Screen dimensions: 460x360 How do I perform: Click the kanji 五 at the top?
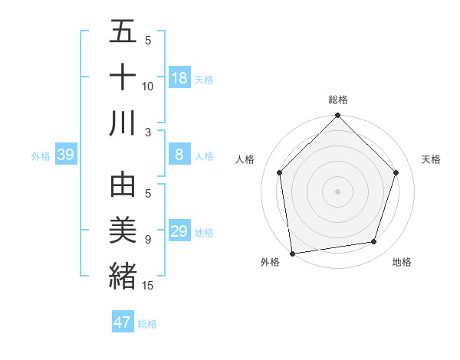[123, 33]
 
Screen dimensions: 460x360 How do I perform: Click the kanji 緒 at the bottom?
[123, 274]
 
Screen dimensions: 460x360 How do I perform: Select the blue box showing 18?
[179, 78]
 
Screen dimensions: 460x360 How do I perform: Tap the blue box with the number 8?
[179, 155]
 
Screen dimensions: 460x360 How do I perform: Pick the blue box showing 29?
[179, 231]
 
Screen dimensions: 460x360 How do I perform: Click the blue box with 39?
[66, 155]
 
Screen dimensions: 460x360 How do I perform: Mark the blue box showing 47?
[123, 322]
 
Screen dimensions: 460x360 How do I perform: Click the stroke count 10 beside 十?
[147, 87]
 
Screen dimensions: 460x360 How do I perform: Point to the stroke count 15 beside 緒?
[148, 285]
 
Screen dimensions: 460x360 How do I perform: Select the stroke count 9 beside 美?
[147, 240]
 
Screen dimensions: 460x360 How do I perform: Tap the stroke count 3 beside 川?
[147, 133]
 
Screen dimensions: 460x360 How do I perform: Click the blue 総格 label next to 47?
[147, 323]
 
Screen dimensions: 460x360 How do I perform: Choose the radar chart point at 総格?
[337, 117]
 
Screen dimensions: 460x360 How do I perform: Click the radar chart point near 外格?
[292, 253]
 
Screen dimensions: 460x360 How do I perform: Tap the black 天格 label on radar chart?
[431, 159]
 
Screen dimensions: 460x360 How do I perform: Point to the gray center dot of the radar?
[337, 191]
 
